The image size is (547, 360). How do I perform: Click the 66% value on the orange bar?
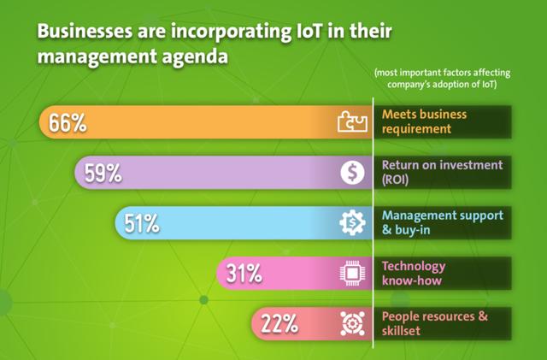[68, 123]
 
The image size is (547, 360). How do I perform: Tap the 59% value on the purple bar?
[103, 174]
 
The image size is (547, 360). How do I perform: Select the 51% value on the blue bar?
[142, 223]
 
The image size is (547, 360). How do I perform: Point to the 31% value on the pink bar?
[244, 274]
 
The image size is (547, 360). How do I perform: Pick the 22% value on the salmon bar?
[279, 324]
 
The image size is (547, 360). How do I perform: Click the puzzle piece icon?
[352, 121]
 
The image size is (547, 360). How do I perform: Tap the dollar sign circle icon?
[352, 173]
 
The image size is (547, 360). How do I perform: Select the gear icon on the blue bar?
[352, 222]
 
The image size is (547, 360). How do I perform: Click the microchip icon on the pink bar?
[352, 273]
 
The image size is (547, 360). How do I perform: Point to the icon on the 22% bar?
[352, 323]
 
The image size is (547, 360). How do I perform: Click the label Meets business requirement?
[424, 121]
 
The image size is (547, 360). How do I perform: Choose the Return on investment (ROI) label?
[442, 172]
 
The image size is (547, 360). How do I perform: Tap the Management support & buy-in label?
[443, 222]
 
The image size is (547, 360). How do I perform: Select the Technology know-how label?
[414, 273]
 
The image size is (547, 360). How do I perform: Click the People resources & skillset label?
[435, 323]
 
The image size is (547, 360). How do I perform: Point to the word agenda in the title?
[195, 57]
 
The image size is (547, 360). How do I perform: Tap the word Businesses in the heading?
[85, 32]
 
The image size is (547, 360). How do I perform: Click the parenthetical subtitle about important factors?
[442, 79]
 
